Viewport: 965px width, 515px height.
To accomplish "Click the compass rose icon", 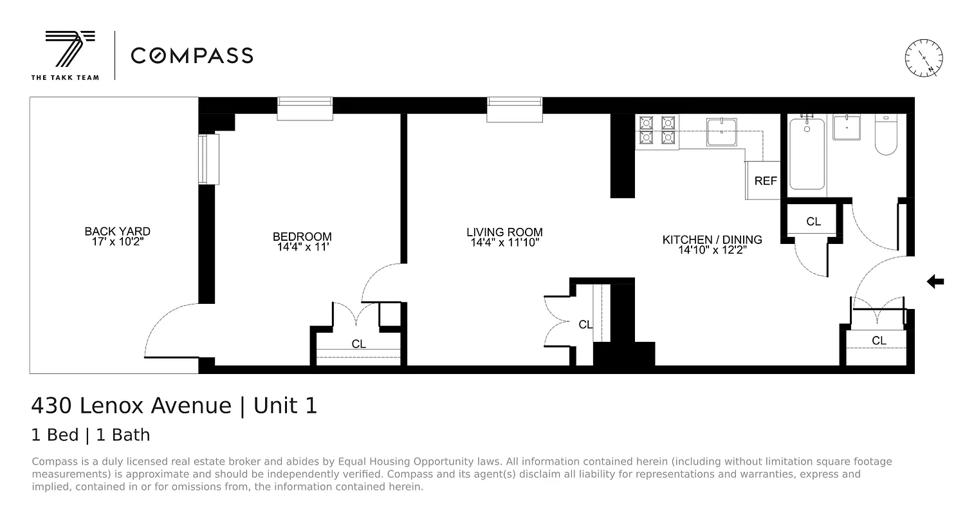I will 924,57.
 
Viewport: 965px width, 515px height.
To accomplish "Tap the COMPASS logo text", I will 192,55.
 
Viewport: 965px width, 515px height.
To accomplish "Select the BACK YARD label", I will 117,231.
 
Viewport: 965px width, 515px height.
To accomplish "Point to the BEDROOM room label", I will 302,236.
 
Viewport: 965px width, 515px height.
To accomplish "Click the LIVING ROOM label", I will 504,232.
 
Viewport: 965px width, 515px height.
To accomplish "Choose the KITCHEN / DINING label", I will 712,239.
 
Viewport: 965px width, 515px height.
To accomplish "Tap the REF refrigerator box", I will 765,181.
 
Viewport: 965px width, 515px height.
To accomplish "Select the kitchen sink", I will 724,132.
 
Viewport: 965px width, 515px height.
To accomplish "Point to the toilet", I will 886,137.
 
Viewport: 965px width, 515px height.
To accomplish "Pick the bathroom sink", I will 847,127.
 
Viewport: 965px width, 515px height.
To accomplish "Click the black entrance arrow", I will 935,281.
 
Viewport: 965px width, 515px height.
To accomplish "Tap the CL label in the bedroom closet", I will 358,344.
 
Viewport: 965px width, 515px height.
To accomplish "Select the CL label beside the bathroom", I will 813,221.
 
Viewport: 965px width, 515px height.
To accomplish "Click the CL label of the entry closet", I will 879,341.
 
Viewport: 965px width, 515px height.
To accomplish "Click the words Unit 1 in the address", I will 285,406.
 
